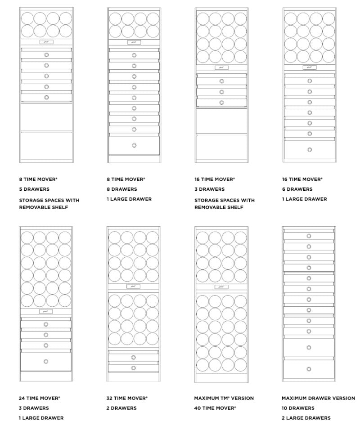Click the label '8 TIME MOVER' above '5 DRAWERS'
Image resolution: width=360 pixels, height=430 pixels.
pos(38,179)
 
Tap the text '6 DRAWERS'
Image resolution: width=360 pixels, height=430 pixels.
pos(297,189)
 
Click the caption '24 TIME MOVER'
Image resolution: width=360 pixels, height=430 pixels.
pos(40,398)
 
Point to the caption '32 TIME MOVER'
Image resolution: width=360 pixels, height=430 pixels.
pos(127,398)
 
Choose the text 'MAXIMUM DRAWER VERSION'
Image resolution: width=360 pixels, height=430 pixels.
pos(318,398)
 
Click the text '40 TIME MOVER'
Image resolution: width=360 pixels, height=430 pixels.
pos(215,408)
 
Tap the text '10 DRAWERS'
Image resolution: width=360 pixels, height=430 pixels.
pos(298,408)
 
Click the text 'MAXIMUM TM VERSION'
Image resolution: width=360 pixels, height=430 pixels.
pos(224,398)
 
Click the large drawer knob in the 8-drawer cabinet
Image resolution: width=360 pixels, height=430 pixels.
pos(134,145)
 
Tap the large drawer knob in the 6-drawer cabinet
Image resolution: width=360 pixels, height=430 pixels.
pos(310,149)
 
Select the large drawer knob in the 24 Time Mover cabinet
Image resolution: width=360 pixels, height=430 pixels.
pos(46,361)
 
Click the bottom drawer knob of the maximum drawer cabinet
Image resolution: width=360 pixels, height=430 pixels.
pos(309,369)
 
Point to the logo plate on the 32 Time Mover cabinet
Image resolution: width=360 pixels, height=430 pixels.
pos(134,287)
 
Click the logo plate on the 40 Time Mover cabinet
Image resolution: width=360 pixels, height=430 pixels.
pos(221,287)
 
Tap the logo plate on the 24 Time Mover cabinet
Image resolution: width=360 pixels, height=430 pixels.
pos(46,311)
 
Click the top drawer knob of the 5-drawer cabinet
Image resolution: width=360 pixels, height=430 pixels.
pos(46,54)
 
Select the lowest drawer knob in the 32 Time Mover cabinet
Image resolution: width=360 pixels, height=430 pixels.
pos(134,368)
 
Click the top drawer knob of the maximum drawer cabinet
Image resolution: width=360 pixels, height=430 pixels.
pos(309,236)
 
